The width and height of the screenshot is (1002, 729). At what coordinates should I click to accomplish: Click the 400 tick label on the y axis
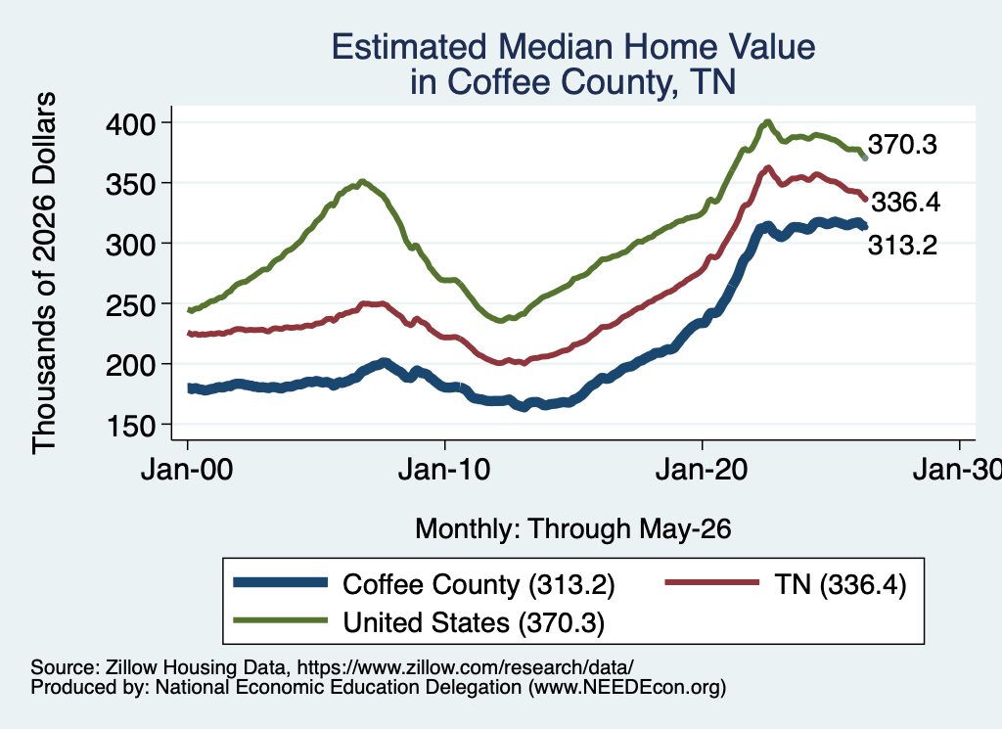pyautogui.click(x=130, y=123)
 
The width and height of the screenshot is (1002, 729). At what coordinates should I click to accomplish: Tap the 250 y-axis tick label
pyautogui.click(x=130, y=304)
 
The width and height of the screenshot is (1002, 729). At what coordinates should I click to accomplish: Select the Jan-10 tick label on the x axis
pyautogui.click(x=444, y=471)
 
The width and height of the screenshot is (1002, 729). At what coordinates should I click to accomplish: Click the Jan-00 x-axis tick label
pyautogui.click(x=187, y=471)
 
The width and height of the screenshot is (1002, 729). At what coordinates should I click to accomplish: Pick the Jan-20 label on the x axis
pyautogui.click(x=702, y=471)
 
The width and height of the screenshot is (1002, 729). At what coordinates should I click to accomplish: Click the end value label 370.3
pyautogui.click(x=902, y=145)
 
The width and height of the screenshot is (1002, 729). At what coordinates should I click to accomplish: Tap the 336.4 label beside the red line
pyautogui.click(x=905, y=202)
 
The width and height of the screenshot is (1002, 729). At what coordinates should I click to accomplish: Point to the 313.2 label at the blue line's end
pyautogui.click(x=902, y=245)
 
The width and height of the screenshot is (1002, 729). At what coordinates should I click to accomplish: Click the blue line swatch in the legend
pyautogui.click(x=281, y=582)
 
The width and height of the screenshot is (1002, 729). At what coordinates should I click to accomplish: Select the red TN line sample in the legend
pyautogui.click(x=712, y=582)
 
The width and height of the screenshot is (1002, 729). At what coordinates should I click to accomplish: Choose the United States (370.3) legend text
pyautogui.click(x=474, y=622)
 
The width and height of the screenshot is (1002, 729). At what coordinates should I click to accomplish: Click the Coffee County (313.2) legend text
pyautogui.click(x=478, y=584)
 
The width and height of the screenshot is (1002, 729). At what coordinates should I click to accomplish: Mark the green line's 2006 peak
pyautogui.click(x=362, y=181)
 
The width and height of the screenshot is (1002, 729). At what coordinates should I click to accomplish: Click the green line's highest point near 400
pyautogui.click(x=768, y=121)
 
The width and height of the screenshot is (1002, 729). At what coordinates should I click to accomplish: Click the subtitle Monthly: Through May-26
pyautogui.click(x=573, y=529)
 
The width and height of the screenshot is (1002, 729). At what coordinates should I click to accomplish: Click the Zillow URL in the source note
pyautogui.click(x=465, y=667)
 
